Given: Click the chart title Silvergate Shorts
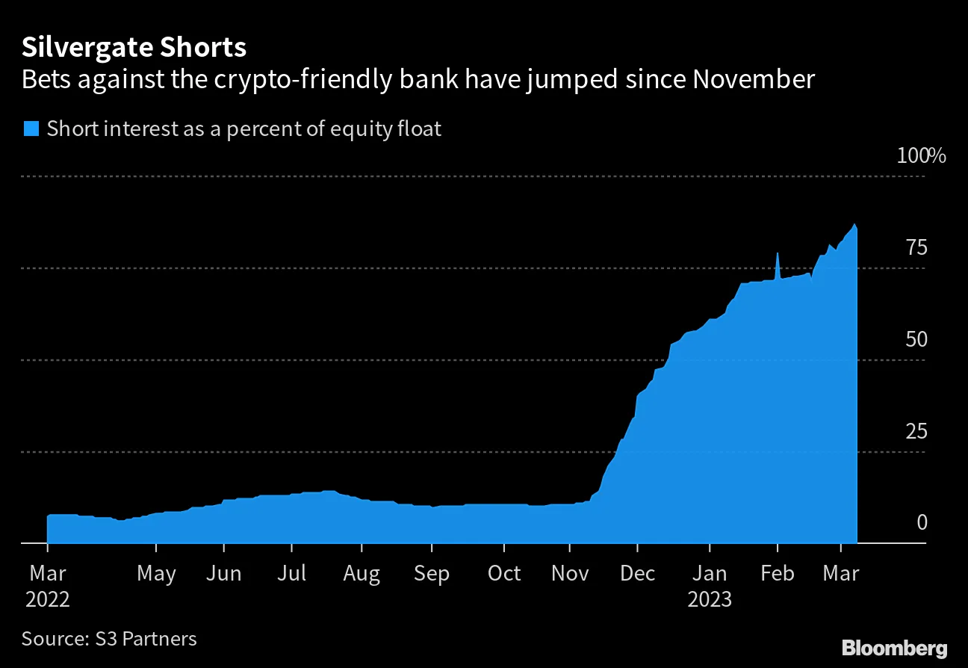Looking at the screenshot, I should tap(134, 48).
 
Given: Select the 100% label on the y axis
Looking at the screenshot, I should tap(921, 156).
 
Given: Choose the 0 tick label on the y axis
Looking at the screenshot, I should tap(922, 522).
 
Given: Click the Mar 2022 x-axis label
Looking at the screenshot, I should tap(47, 586).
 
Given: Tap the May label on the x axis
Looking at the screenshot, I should tap(156, 573).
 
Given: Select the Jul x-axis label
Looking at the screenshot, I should tap(291, 573).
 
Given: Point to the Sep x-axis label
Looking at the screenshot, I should tap(431, 573).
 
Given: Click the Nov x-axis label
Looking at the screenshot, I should tap(569, 573).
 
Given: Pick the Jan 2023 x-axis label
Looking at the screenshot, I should tap(710, 586).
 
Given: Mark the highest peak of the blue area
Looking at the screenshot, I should tap(854, 224).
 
